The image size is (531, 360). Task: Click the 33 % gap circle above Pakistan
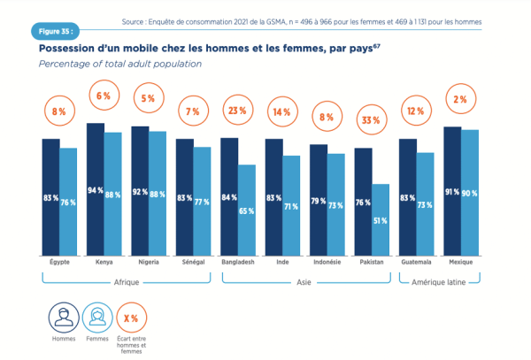pos(371,119)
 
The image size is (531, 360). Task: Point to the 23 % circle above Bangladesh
pos(237,111)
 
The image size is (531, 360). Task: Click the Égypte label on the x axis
pos(60,263)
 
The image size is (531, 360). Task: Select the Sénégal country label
pos(193,263)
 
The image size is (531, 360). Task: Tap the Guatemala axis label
pos(415,263)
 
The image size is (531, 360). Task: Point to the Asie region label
pos(304,282)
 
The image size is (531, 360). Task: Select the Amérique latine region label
pos(438,282)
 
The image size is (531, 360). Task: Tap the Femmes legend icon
pos(97,317)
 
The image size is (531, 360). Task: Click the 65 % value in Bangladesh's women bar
pos(246,211)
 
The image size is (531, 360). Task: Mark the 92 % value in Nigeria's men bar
pos(140,192)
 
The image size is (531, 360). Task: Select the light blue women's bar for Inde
pos(290,205)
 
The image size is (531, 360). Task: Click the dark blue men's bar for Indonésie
pos(319,199)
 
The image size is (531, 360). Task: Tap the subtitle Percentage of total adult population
pos(121,65)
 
